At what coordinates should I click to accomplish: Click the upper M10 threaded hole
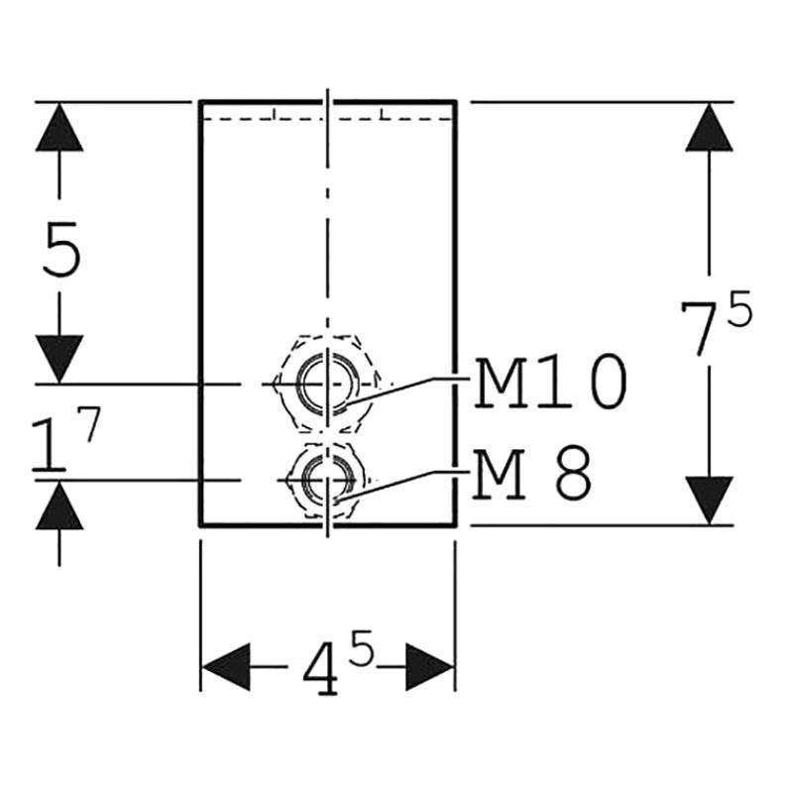pos(326,382)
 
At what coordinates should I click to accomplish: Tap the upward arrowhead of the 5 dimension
pos(59,127)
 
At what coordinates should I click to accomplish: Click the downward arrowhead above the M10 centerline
pos(59,358)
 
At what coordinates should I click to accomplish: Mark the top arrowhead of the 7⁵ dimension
pos(709,127)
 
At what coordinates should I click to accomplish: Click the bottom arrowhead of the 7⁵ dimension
pos(709,500)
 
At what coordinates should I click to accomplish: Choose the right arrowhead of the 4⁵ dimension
pos(429,665)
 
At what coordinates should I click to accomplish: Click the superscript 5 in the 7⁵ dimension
pos(738,310)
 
